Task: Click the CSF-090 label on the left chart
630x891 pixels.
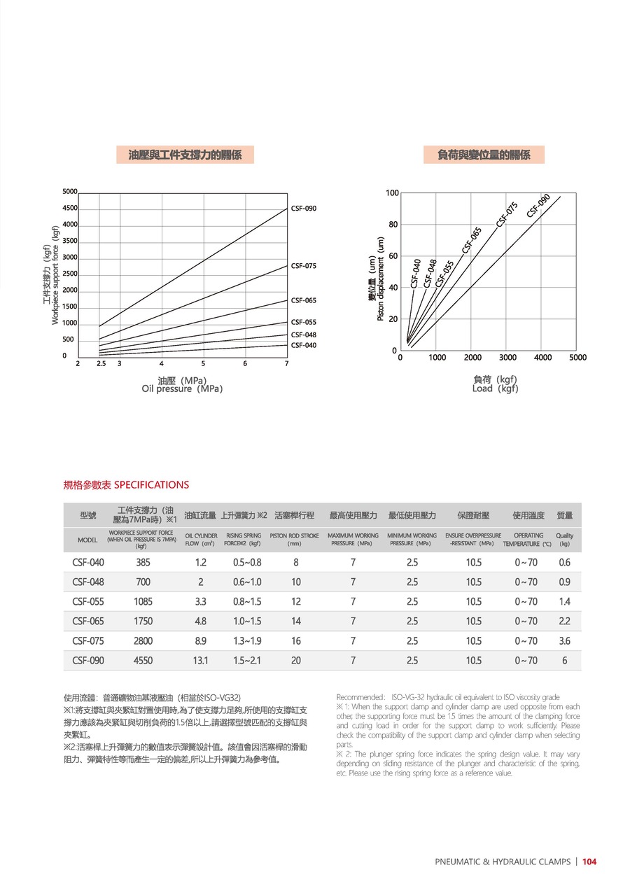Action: pos(303,209)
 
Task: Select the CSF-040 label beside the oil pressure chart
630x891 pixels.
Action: pos(303,345)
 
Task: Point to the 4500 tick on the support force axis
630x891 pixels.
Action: pos(70,208)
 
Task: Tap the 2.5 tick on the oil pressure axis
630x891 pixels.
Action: pos(101,363)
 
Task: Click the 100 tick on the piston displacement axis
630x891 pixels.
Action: pos(392,193)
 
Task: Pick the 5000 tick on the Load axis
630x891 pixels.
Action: pos(577,358)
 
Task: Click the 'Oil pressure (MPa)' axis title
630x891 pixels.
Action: pos(182,388)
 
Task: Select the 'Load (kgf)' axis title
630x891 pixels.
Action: pos(495,388)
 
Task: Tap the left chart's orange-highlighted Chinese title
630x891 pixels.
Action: pos(185,155)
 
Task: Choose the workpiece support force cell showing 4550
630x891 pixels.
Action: pos(143,660)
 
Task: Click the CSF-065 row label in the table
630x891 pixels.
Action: pos(87,621)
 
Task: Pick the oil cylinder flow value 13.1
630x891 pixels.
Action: pos(201,660)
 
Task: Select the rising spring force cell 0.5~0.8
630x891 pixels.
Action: pos(247,562)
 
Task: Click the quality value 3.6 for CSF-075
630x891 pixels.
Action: pos(564,640)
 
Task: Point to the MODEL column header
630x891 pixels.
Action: pos(87,540)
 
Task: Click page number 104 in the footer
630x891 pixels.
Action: pos(589,862)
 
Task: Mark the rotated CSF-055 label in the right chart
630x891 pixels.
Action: pos(444,274)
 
